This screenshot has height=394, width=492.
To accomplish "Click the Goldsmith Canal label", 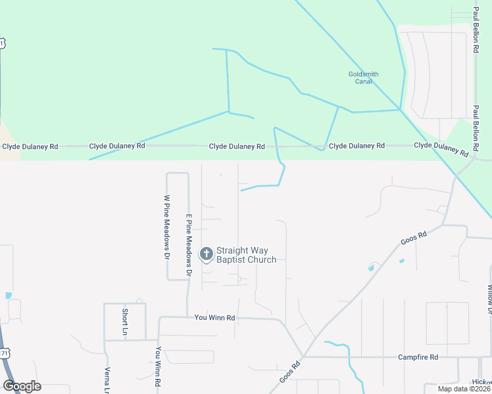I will coord(363,78).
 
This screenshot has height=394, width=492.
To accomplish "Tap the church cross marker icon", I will coord(206,253).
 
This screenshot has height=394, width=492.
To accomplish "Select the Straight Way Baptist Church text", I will coord(246,255).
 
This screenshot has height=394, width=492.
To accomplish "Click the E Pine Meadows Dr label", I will coord(188,244).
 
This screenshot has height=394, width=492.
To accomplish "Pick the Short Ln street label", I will coord(124,322).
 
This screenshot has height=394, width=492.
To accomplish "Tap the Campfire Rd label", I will coord(418,357).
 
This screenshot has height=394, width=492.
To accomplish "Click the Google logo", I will coord(22,386).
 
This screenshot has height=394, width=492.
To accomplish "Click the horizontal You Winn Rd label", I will coord(214,318).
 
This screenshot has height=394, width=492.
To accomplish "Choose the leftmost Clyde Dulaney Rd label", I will coord(30,147).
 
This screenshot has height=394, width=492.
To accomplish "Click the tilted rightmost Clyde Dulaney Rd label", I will coord(441,148).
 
